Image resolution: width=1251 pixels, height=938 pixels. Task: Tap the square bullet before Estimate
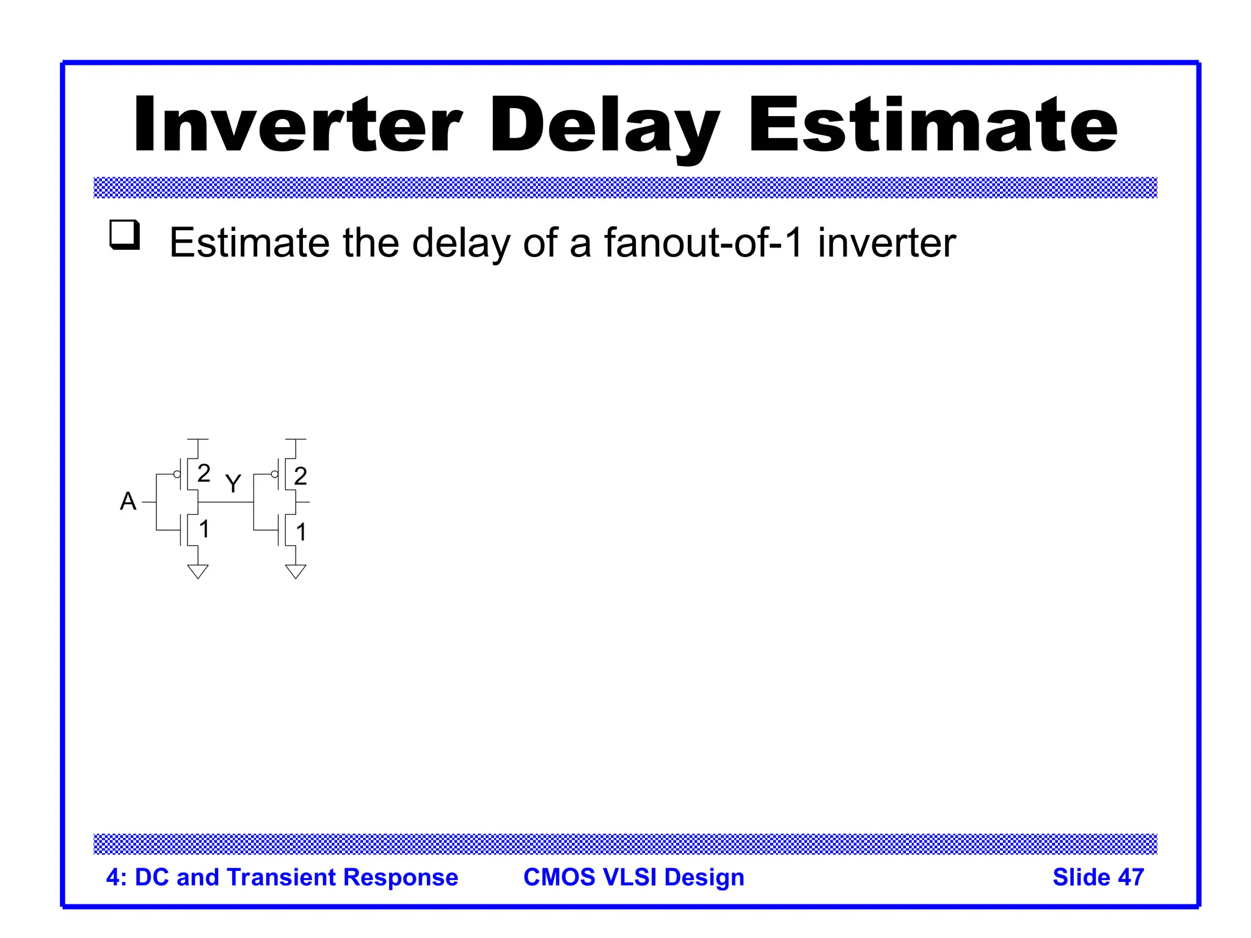click(x=125, y=235)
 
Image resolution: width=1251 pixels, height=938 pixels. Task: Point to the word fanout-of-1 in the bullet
click(x=702, y=242)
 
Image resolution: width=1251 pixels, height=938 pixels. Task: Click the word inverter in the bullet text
click(x=886, y=242)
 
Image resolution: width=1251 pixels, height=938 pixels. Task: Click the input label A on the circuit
click(x=128, y=501)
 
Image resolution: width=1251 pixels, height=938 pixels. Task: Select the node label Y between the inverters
click(x=233, y=484)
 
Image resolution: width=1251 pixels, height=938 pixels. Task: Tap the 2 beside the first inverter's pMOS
click(x=204, y=473)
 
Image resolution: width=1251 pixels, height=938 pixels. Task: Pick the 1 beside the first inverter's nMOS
click(x=204, y=529)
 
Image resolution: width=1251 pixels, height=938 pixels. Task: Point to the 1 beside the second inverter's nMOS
click(x=301, y=532)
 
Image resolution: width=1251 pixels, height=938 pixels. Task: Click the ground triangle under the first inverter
click(x=198, y=572)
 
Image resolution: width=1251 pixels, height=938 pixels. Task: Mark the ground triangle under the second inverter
click(x=296, y=572)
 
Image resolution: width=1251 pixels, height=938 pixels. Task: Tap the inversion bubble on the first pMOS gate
click(x=177, y=474)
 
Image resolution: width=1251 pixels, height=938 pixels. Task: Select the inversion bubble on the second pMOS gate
click(x=274, y=474)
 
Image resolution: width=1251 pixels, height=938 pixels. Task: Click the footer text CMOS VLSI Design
click(x=633, y=877)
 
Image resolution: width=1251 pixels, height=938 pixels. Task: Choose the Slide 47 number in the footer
click(x=1098, y=877)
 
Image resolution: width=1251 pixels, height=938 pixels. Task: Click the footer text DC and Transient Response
click(x=296, y=877)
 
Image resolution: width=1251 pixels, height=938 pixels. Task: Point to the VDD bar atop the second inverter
click(x=296, y=439)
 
